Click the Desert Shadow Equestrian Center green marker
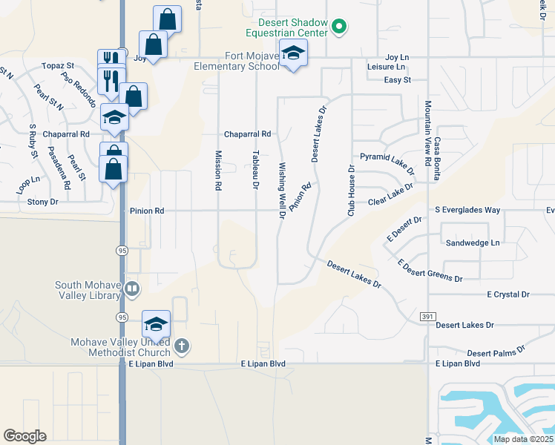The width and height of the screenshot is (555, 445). (x=339, y=27)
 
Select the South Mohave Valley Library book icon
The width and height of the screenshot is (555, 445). (x=132, y=288)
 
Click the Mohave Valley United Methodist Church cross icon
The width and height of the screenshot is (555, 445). (x=183, y=346)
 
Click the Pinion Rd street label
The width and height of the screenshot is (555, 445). (x=146, y=211)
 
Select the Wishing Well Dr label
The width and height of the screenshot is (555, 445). (x=282, y=191)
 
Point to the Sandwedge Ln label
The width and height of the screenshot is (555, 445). (x=473, y=243)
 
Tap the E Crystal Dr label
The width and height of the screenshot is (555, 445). (x=508, y=294)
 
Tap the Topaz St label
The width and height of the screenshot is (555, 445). (x=58, y=66)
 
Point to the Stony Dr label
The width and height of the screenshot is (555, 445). (x=42, y=202)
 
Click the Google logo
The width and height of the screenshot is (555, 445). (x=24, y=436)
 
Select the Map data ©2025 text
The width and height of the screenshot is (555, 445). (x=522, y=439)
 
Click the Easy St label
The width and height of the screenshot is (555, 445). (x=397, y=80)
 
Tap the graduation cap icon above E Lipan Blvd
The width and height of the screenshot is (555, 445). (x=156, y=323)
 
